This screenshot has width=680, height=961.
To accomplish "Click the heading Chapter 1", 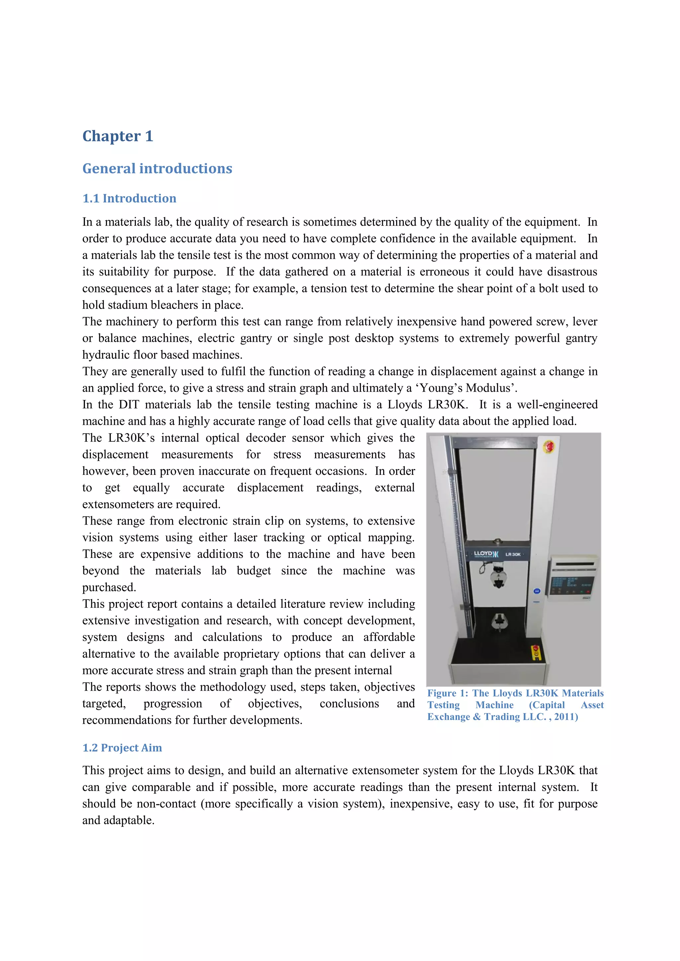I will tap(118, 136).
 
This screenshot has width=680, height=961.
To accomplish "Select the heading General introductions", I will tap(157, 168).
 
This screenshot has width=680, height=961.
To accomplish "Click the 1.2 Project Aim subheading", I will tap(122, 748).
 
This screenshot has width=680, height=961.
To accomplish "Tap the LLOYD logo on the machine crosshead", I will tap(486, 554).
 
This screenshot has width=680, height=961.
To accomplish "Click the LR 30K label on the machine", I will tap(513, 554).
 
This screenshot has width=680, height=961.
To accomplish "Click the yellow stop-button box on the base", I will tap(536, 652).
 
